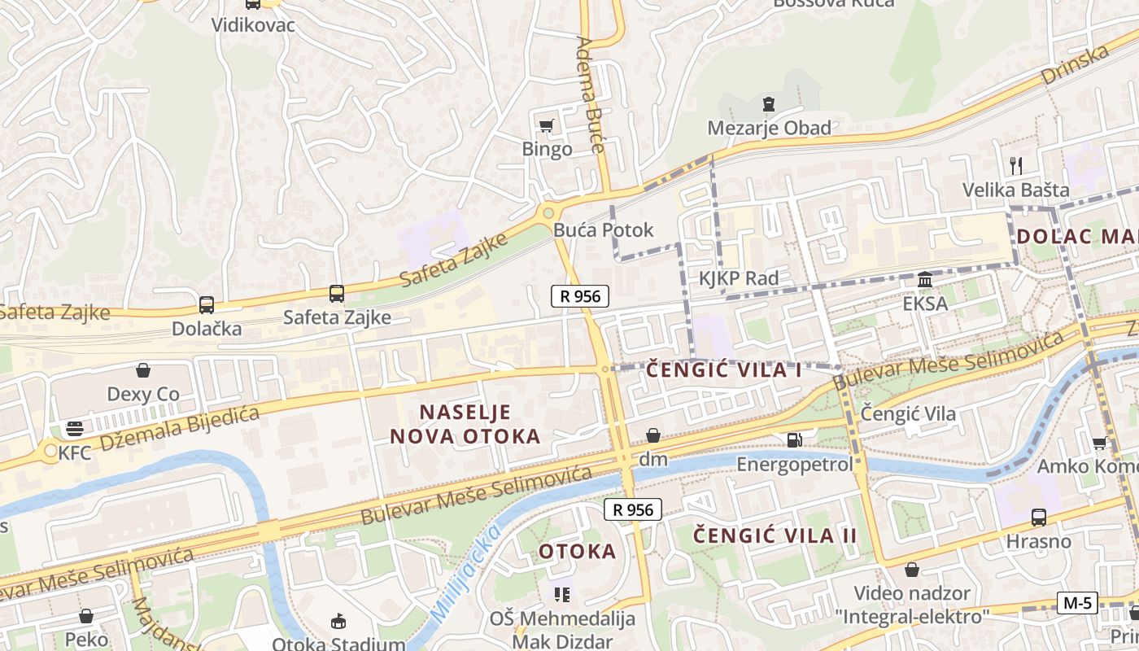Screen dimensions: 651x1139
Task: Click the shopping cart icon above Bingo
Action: pos(546,125)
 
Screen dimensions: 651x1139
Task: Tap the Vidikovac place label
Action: pos(253,24)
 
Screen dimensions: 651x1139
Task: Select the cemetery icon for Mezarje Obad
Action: pos(768,104)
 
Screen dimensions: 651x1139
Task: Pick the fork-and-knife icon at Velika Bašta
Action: pos(1015,166)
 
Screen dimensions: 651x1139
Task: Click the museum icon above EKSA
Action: pos(925,280)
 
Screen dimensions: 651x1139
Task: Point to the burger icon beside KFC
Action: pos(75,429)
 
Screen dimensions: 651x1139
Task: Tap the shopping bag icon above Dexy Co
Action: pos(143,371)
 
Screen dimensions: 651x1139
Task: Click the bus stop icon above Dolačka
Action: pos(207,305)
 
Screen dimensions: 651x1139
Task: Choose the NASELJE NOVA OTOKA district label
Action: pos(465,424)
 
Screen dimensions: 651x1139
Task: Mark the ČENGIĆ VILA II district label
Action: pos(775,535)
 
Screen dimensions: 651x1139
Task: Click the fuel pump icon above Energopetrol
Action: pos(794,440)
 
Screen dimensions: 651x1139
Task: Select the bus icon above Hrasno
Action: pos(1039,517)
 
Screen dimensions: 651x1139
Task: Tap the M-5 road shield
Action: pos(1077,603)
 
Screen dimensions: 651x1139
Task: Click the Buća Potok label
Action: pos(603,230)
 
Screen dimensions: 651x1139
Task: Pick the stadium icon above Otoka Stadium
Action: pos(338,622)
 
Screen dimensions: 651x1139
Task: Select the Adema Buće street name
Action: pos(591,94)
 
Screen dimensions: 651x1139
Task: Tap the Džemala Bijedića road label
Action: pos(178,428)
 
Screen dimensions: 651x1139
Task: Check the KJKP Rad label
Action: pos(739,278)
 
